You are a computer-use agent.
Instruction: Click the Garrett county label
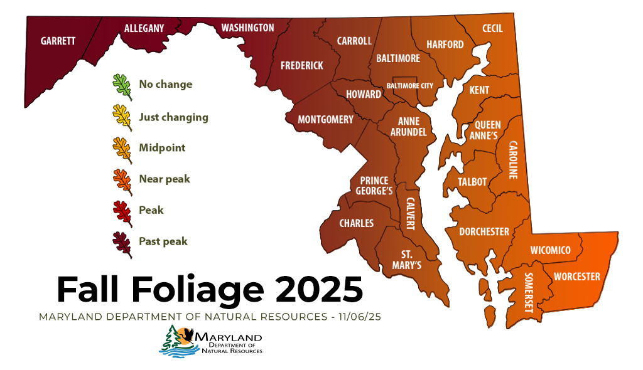point(58,41)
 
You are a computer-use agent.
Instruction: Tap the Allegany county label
point(144,28)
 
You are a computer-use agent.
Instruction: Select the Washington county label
point(247,28)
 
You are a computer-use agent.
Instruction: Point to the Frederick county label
point(301,65)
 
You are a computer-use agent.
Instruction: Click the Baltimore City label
point(409,85)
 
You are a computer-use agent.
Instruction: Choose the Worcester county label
point(576,277)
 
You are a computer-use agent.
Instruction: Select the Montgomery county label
point(325,119)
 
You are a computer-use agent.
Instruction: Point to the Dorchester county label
point(484,231)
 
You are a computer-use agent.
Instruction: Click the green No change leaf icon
point(122,87)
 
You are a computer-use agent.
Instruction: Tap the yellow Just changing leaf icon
point(122,118)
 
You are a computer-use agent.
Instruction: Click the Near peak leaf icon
point(122,180)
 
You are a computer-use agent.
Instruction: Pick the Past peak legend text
point(163,241)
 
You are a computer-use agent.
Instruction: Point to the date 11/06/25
point(359,317)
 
